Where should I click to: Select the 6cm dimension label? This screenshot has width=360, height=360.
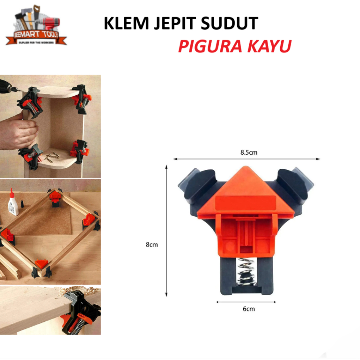(x=248, y=309)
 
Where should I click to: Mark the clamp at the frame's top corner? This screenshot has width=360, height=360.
(x=55, y=197)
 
